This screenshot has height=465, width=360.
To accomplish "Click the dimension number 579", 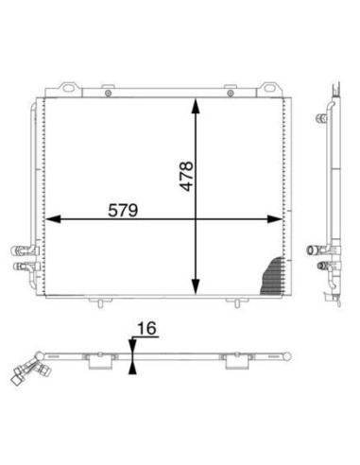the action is coord(123,211).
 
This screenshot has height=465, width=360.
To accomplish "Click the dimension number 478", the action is coord(186,176).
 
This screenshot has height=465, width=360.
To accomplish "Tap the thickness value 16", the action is coord(146,328).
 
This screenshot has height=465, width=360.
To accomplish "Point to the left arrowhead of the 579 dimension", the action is coord(53,219).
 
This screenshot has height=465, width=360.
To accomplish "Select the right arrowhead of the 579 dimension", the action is coord(274,219).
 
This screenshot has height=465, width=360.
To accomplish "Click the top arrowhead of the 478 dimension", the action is coord(196,106).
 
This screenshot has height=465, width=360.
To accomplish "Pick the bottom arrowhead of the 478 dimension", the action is coord(196,286).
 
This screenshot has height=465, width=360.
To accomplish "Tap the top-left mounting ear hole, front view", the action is coord(68,88).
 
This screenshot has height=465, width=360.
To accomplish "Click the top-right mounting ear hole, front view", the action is coord(269,87).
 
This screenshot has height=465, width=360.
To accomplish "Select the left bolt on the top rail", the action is coord(108,94).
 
